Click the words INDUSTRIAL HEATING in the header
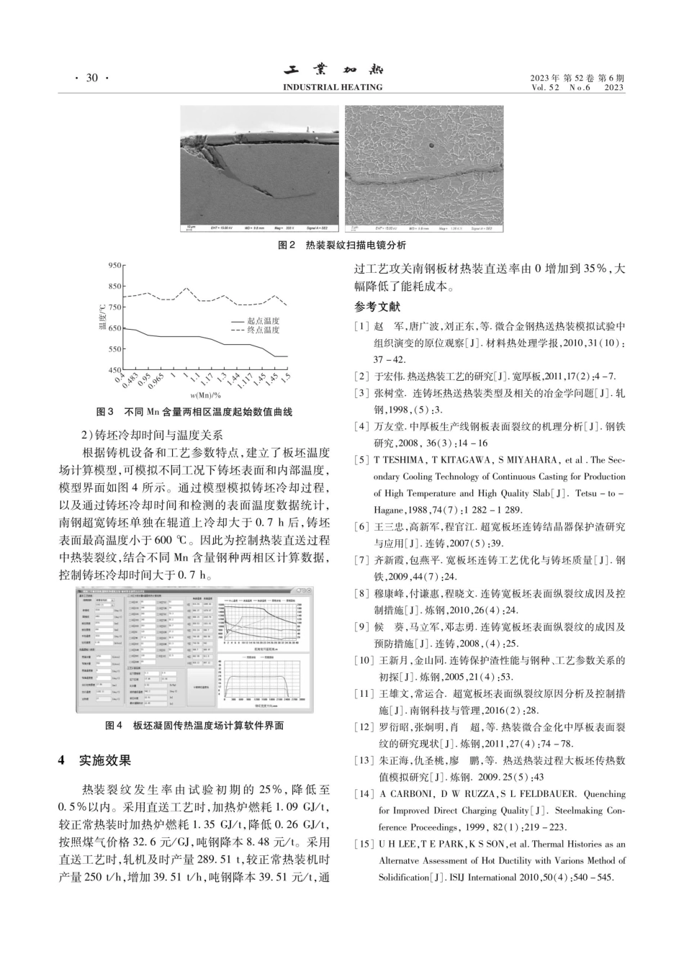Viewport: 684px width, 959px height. click(x=333, y=88)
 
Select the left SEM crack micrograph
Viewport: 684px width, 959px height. click(x=258, y=169)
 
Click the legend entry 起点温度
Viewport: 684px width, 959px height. click(x=263, y=321)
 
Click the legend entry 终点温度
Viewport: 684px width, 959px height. click(x=263, y=330)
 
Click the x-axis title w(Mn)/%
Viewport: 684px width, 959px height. click(x=205, y=395)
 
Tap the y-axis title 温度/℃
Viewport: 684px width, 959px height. click(x=102, y=318)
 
